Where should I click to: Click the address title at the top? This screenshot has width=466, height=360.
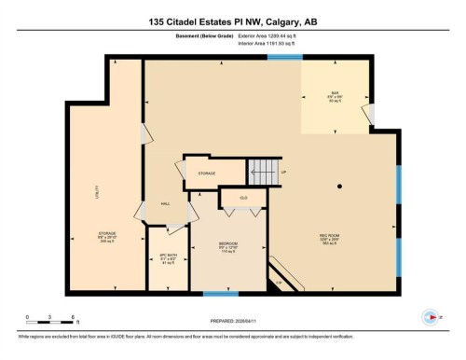(232, 21)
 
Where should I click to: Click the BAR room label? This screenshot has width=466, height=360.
(334, 93)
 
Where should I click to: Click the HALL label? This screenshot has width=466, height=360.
(164, 202)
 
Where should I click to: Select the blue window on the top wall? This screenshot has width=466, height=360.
(279, 58)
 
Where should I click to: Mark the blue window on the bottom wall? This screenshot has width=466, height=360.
(215, 295)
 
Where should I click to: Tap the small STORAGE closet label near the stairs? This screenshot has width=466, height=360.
(206, 173)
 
